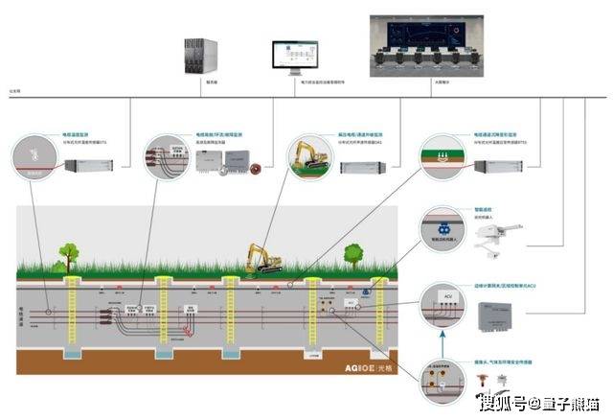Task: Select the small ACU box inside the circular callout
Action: [x=445, y=299]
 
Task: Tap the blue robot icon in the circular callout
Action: [x=443, y=231]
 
